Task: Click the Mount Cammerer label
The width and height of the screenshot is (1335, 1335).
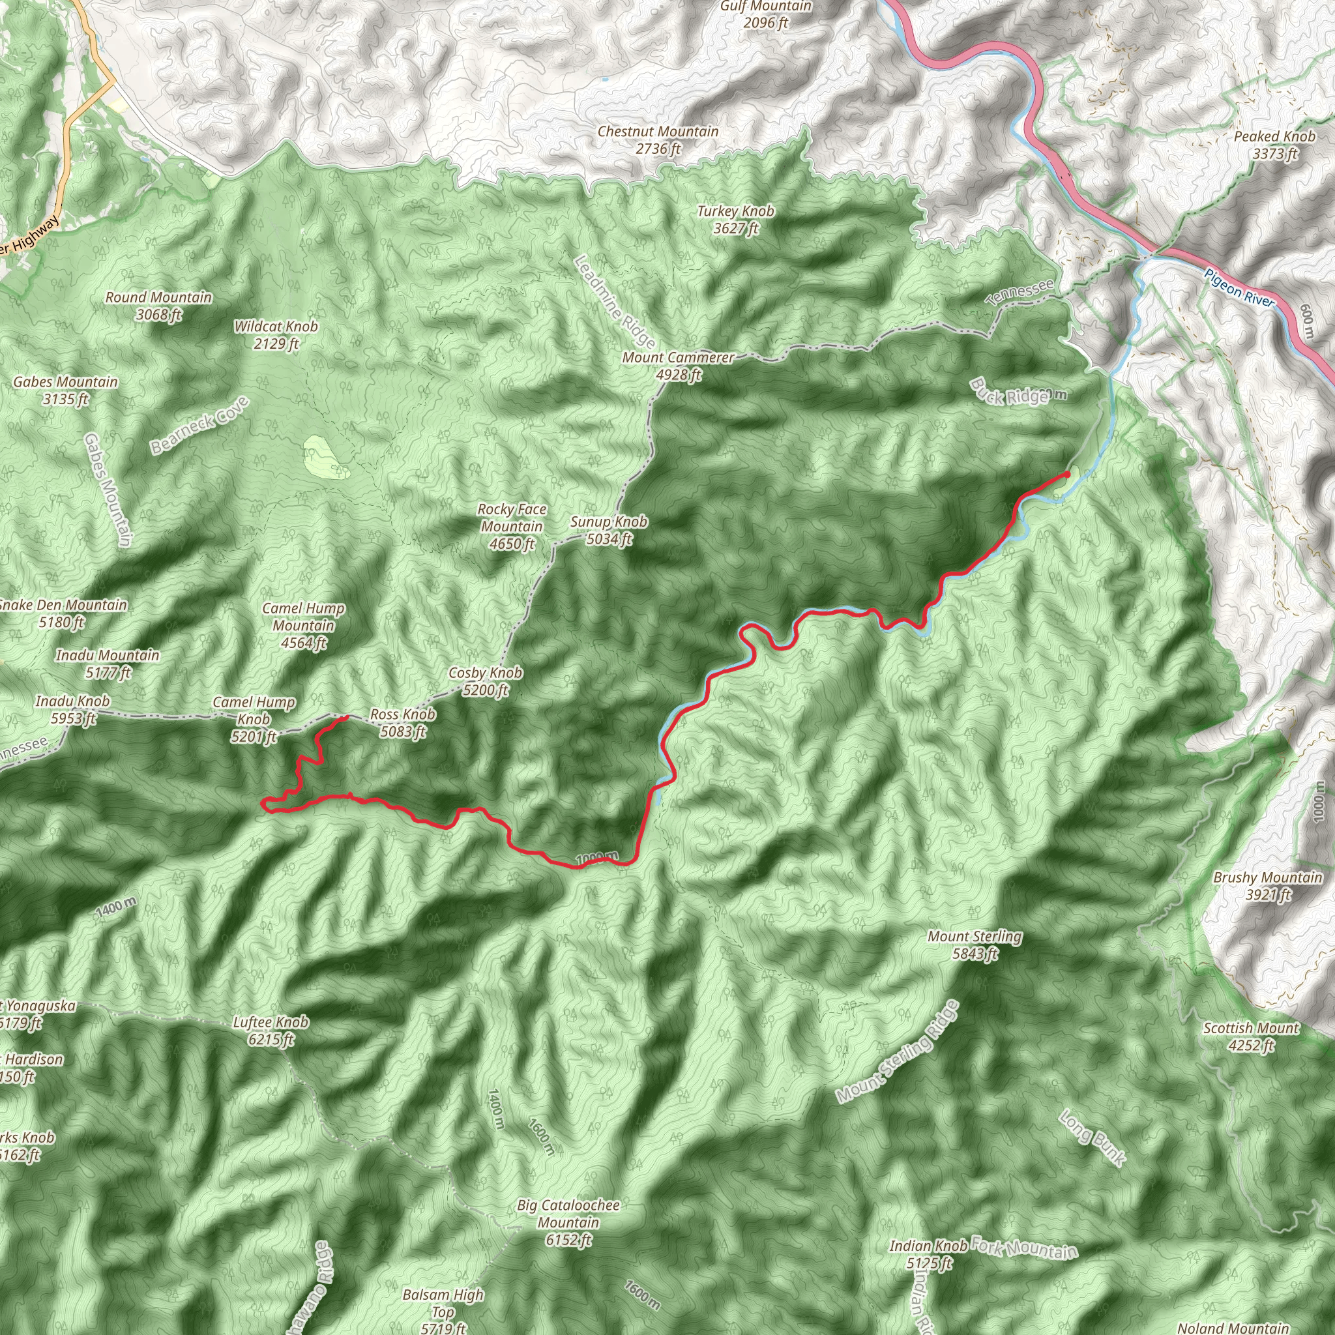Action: [678, 366]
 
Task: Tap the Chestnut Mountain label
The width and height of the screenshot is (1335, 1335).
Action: [658, 139]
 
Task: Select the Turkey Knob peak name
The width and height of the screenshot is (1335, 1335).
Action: [735, 219]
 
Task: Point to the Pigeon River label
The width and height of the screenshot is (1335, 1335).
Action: [1239, 287]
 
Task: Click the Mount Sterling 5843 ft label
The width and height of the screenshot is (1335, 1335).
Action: [975, 945]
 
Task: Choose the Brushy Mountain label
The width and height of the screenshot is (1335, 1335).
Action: [1267, 886]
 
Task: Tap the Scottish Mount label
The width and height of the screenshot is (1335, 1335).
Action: [1252, 1036]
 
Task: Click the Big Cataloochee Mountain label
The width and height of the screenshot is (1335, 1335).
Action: [568, 1222]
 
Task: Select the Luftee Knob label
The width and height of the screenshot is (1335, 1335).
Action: [270, 1031]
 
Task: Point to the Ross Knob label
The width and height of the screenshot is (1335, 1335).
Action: [403, 722]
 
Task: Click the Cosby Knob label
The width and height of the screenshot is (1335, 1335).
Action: [485, 681]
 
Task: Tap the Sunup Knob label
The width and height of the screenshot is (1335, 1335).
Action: [608, 530]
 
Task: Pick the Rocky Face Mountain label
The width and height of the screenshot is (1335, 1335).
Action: [512, 527]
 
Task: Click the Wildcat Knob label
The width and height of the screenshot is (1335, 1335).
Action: [276, 334]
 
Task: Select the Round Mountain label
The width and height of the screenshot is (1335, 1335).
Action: [158, 306]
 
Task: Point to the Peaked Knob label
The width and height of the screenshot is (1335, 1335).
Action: [1274, 145]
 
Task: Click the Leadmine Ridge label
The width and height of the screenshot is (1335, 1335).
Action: [614, 302]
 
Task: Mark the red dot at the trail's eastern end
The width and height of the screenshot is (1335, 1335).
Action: [1067, 474]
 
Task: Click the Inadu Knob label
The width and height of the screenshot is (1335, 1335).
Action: [72, 710]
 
